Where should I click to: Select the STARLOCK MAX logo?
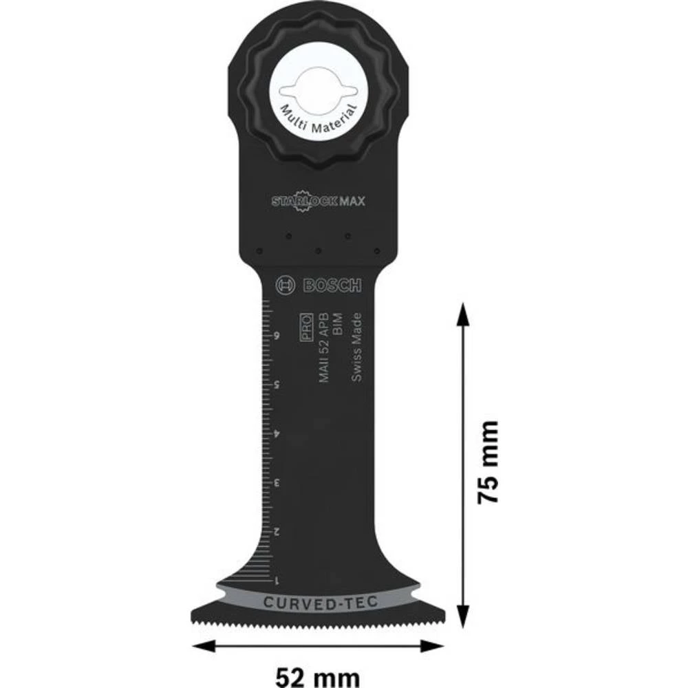point(318,202)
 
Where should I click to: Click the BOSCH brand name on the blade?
point(329,286)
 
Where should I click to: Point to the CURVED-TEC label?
point(319,603)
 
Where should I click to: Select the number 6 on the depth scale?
point(276,336)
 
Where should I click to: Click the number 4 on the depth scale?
point(276,434)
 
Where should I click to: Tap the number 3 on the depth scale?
point(276,483)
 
